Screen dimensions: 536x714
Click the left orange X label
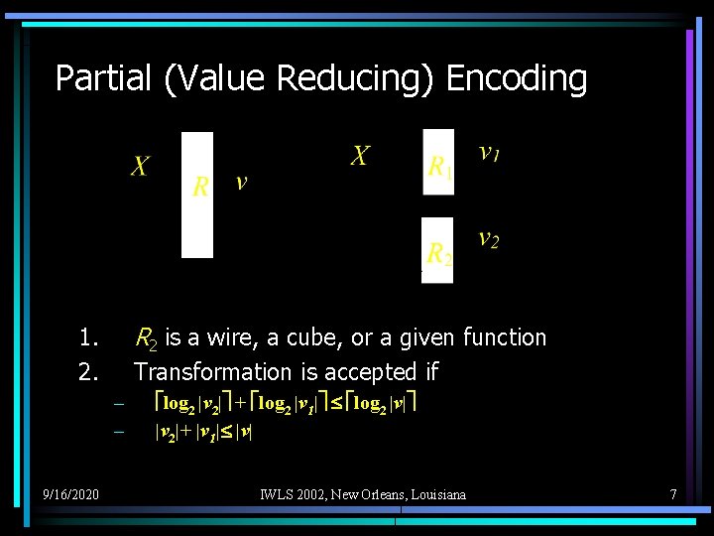click(140, 167)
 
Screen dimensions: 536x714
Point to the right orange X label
click(359, 156)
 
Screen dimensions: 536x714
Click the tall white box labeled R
click(197, 195)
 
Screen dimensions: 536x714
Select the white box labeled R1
click(438, 162)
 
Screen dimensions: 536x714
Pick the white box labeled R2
click(437, 250)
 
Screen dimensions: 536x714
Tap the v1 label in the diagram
click(489, 153)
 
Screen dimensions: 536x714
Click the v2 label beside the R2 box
click(488, 239)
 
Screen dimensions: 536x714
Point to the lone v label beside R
click(241, 183)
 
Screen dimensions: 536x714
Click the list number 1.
click(89, 337)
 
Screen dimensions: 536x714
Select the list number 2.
click(89, 372)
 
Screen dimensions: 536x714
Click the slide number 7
click(672, 493)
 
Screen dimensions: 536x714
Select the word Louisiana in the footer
click(432, 493)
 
